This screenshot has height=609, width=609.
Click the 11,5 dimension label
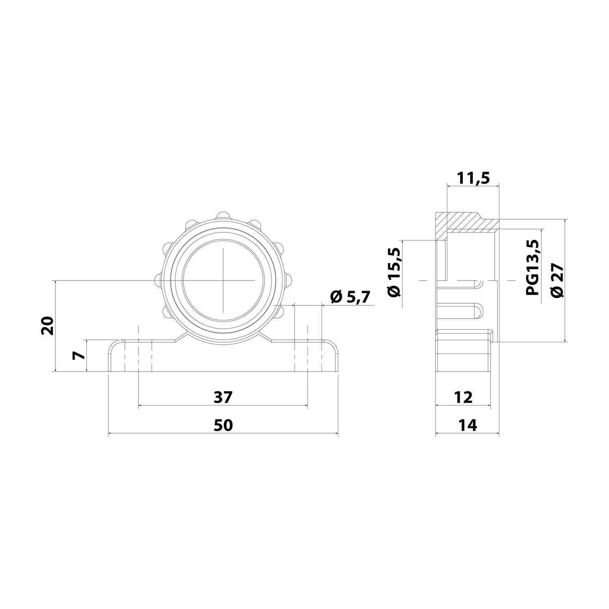[473, 178]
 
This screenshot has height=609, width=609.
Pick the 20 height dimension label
[48, 325]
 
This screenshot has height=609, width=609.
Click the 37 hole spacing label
[223, 397]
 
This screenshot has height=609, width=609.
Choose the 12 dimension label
[463, 397]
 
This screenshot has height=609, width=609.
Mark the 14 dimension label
[467, 425]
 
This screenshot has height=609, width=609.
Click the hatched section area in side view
[463, 222]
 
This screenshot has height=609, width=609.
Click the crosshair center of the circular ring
[223, 280]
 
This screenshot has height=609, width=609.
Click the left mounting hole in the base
[138, 356]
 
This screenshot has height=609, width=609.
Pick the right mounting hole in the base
[307, 356]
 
